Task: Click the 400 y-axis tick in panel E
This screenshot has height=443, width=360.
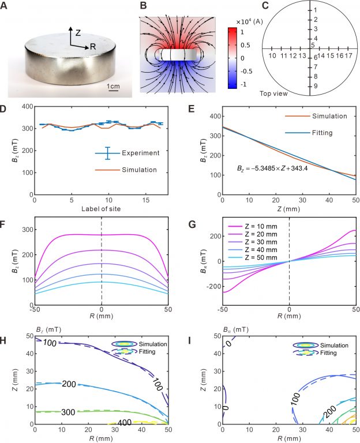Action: pos(213,115)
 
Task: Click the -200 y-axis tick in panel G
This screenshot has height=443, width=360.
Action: pos(210,286)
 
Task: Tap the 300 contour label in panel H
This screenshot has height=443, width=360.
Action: pos(67,412)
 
